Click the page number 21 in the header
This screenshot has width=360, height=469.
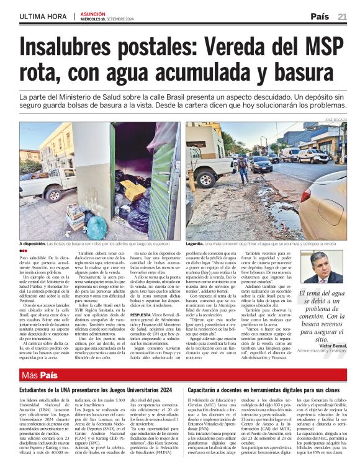342,17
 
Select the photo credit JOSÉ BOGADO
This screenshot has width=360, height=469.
335,118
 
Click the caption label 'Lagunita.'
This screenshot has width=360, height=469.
198,244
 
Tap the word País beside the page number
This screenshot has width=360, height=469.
320,17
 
